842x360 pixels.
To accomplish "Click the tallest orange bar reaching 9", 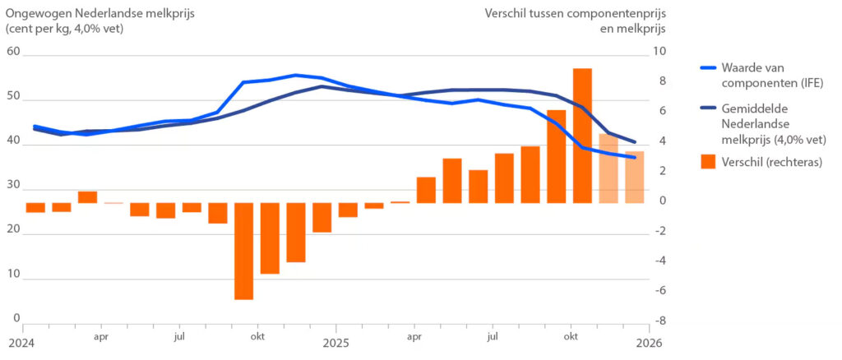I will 582,136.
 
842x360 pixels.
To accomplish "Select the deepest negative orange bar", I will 243,251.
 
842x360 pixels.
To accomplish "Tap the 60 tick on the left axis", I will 12,51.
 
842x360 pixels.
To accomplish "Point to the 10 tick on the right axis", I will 659,51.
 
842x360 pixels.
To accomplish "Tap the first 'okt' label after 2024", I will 257,336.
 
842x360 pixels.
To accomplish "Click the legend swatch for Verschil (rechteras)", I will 707,162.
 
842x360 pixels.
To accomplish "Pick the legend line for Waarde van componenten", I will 707,69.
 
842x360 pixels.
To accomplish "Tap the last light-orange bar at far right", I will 634,178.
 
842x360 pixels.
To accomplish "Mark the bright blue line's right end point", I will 634,157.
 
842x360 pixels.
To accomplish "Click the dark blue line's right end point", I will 634,142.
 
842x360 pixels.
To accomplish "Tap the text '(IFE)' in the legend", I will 807,82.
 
